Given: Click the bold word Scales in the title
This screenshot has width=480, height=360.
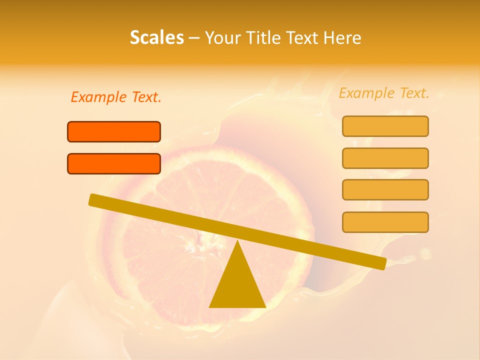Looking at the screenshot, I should coord(156,37).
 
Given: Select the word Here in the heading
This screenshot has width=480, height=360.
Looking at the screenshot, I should coord(342,37).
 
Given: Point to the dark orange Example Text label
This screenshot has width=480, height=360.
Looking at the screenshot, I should coord(116,97).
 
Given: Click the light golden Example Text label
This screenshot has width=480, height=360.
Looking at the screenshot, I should coord(384,93).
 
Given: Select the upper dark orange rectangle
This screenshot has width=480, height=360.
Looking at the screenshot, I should coord(114,131).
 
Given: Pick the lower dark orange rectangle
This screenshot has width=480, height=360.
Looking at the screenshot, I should coord(114,163).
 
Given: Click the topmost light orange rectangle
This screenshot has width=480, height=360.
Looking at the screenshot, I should coord(385,126).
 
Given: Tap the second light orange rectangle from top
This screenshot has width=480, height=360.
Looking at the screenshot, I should coord(385,158).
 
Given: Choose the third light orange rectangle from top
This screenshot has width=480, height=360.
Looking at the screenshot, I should coord(385,189).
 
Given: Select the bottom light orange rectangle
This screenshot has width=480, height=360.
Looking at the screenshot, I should coord(385,222).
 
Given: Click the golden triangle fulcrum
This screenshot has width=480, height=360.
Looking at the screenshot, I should coord(237,285).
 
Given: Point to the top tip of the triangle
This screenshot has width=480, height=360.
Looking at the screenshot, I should coord(237,242).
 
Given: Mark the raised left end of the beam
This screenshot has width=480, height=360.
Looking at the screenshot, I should coord(93,199).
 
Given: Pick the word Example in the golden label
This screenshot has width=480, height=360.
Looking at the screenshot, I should coord(366,93).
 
